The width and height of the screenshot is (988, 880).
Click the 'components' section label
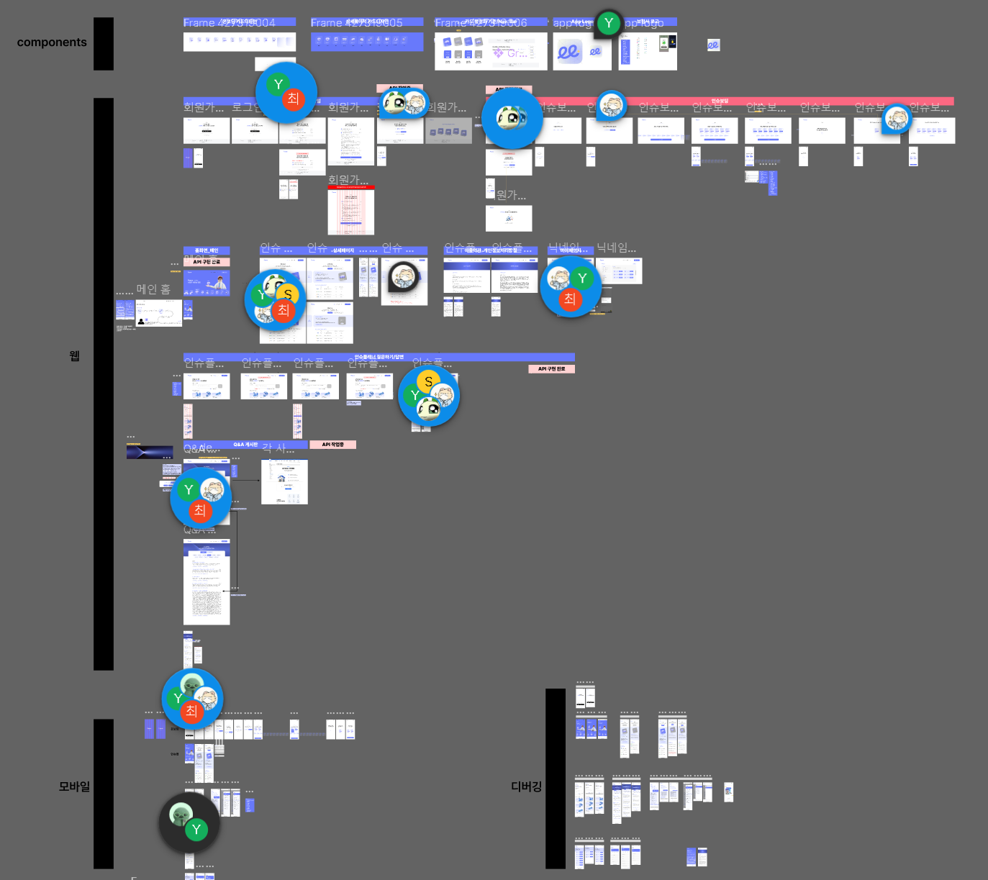point(52,42)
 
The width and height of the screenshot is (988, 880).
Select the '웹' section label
point(74,356)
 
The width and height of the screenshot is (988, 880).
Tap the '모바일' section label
point(74,786)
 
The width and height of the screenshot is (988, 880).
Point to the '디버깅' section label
point(526,786)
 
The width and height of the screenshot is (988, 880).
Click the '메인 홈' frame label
point(153,289)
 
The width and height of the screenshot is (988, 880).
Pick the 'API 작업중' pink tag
point(332,445)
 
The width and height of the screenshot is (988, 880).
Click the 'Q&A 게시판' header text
point(245,445)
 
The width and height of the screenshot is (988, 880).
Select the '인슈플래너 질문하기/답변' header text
point(379,357)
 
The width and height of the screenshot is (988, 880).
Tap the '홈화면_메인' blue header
point(207,250)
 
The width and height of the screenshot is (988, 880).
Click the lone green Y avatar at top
point(609,23)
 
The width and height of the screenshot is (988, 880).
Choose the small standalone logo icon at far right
point(713,45)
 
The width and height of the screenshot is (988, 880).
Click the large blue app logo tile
point(568,53)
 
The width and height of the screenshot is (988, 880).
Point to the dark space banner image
point(150,453)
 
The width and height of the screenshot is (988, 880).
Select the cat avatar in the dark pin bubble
point(404,276)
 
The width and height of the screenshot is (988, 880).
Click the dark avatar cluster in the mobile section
point(189,822)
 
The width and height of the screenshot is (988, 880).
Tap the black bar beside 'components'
point(104,44)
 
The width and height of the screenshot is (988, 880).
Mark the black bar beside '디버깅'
point(556,779)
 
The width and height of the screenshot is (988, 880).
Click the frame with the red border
point(351,210)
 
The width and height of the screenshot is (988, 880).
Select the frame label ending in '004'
point(239,22)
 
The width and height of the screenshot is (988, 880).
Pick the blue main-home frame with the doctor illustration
point(207,283)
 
